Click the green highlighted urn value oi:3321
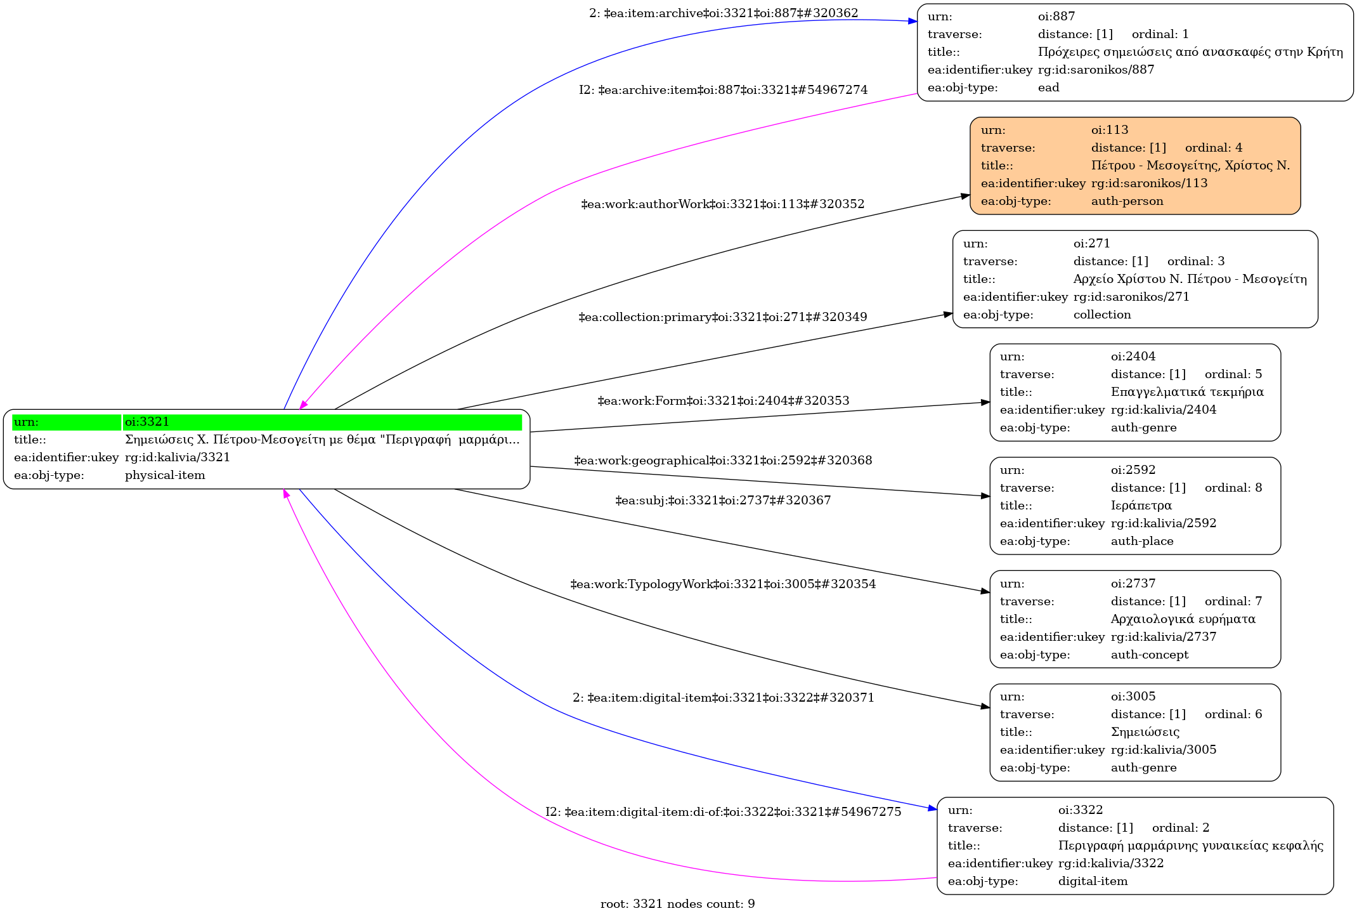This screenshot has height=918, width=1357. [x=147, y=422]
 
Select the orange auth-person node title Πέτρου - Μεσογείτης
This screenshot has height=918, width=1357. [x=1190, y=166]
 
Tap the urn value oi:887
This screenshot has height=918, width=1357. [x=1056, y=16]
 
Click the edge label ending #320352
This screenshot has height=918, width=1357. [x=723, y=204]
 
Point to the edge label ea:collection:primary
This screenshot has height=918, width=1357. [x=723, y=317]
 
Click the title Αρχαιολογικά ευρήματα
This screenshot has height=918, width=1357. [x=1183, y=619]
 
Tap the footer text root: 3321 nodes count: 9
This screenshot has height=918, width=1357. [x=677, y=904]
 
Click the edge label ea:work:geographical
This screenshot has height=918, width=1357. [x=723, y=461]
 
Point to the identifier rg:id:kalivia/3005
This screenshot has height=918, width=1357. [x=1164, y=750]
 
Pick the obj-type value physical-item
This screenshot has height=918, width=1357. [x=165, y=475]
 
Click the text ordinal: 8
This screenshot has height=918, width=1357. [x=1233, y=488]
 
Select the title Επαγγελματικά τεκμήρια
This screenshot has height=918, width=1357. [x=1187, y=392]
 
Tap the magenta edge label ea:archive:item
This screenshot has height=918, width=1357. [x=723, y=90]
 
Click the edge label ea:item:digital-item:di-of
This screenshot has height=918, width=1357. [x=723, y=812]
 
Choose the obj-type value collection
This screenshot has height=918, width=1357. [x=1102, y=315]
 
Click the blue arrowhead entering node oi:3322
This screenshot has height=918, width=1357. [x=933, y=808]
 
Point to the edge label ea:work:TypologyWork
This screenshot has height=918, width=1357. [x=723, y=584]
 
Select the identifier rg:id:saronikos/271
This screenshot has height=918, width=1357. [x=1131, y=297]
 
